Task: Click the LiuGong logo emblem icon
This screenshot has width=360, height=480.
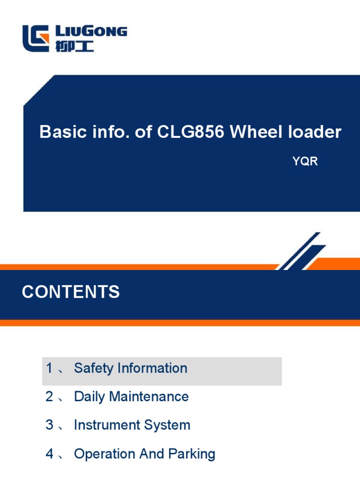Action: [x=36, y=38]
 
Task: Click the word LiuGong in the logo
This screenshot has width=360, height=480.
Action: [x=91, y=32]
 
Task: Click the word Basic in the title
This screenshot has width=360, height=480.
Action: [x=57, y=132]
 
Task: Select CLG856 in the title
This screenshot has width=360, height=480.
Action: [x=191, y=132]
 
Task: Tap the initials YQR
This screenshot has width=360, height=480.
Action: [x=305, y=162]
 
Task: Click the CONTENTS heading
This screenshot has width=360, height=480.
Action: [x=71, y=292]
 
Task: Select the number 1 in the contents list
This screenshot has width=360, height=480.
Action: [x=49, y=368]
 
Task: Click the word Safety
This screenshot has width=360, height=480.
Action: [x=94, y=368]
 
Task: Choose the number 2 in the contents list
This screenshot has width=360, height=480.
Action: [x=49, y=397]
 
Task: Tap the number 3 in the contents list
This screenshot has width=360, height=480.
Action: [x=49, y=426]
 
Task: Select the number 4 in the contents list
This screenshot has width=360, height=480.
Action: [x=49, y=454]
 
